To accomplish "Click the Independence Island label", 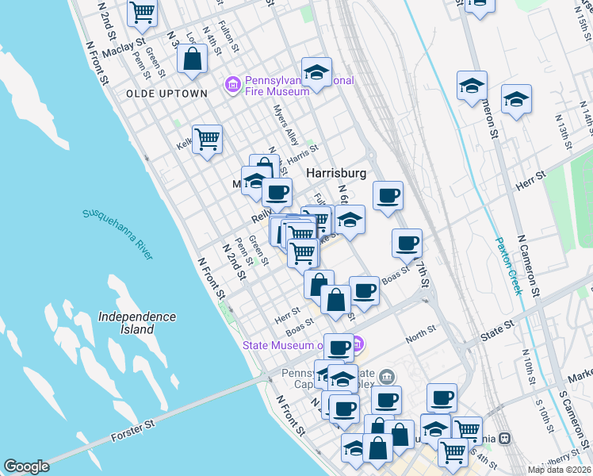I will pyautogui.click(x=137, y=323).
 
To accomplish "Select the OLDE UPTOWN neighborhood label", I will pyautogui.click(x=166, y=94).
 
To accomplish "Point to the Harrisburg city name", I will pyautogui.click(x=336, y=173).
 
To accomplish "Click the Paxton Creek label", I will pyautogui.click(x=508, y=266).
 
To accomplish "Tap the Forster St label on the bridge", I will pyautogui.click(x=133, y=428).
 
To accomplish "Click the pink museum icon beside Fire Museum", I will pyautogui.click(x=233, y=83).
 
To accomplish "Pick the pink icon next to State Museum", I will pyautogui.click(x=357, y=344).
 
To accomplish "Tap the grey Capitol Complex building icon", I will pyautogui.click(x=387, y=377).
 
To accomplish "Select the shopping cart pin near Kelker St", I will pyautogui.click(x=207, y=139).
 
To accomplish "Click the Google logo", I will pyautogui.click(x=27, y=466).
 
